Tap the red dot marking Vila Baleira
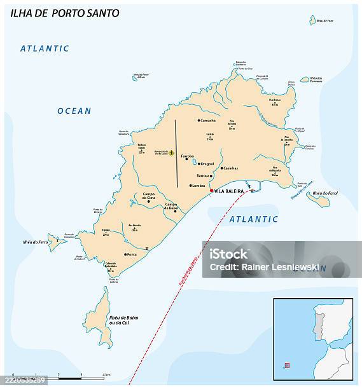coord(211,190)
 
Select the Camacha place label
coord(209,120)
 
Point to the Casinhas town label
coord(230,168)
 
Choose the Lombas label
coord(198,186)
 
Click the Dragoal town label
coord(207,164)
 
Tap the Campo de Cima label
coord(149,196)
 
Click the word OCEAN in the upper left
coord(74,111)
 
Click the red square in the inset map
coord(287,365)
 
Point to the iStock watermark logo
coord(229,254)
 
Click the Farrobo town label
coord(187,156)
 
